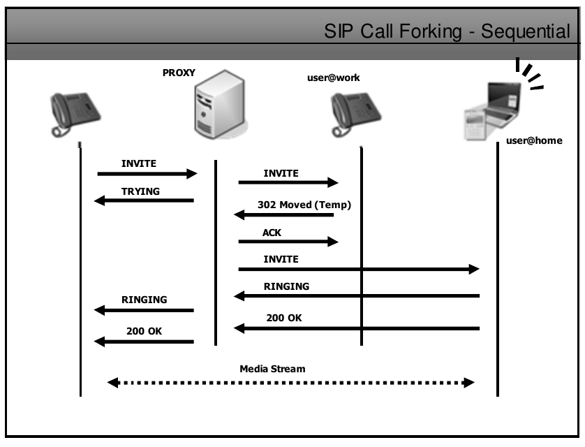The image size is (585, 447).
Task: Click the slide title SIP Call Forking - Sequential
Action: pos(447,31)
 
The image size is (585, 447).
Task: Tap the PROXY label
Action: pos(179,73)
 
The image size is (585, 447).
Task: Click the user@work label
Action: pos(334,78)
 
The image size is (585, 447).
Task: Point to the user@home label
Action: pos(534,140)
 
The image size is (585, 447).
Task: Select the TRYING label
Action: pos(140,191)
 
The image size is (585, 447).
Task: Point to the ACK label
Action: pos(272,233)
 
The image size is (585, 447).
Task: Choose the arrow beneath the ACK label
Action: pos(288,242)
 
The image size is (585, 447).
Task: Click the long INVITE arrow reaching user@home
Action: pos(359,269)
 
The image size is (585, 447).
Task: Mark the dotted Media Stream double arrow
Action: pos(291,382)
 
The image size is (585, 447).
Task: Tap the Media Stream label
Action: pos(272,368)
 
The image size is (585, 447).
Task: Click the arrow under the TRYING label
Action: pos(144,201)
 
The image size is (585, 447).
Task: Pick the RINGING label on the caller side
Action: pos(145,300)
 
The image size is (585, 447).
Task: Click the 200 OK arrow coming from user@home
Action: pos(356,328)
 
